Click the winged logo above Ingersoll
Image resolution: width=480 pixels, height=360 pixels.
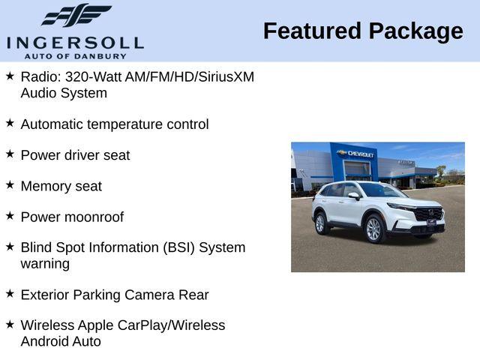pos(76,14)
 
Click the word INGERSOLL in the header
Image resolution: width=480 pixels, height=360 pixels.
pos(75,43)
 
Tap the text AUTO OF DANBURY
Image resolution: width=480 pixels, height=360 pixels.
pos(75,56)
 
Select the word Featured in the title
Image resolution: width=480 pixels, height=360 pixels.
pos(312,31)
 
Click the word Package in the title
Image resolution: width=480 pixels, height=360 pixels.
pos(416,32)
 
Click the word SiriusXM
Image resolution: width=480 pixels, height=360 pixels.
pos(226,76)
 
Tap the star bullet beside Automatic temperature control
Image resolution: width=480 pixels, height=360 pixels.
pos(10,123)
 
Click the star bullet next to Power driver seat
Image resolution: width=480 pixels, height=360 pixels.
pos(10,154)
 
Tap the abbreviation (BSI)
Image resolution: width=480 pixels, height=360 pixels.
pos(178,247)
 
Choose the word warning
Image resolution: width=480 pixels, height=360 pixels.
pos(45,264)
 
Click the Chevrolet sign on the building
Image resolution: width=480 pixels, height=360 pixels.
pos(355,154)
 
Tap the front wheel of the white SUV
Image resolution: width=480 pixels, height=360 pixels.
pos(374,229)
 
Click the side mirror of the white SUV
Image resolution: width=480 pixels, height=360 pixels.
pos(354,196)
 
